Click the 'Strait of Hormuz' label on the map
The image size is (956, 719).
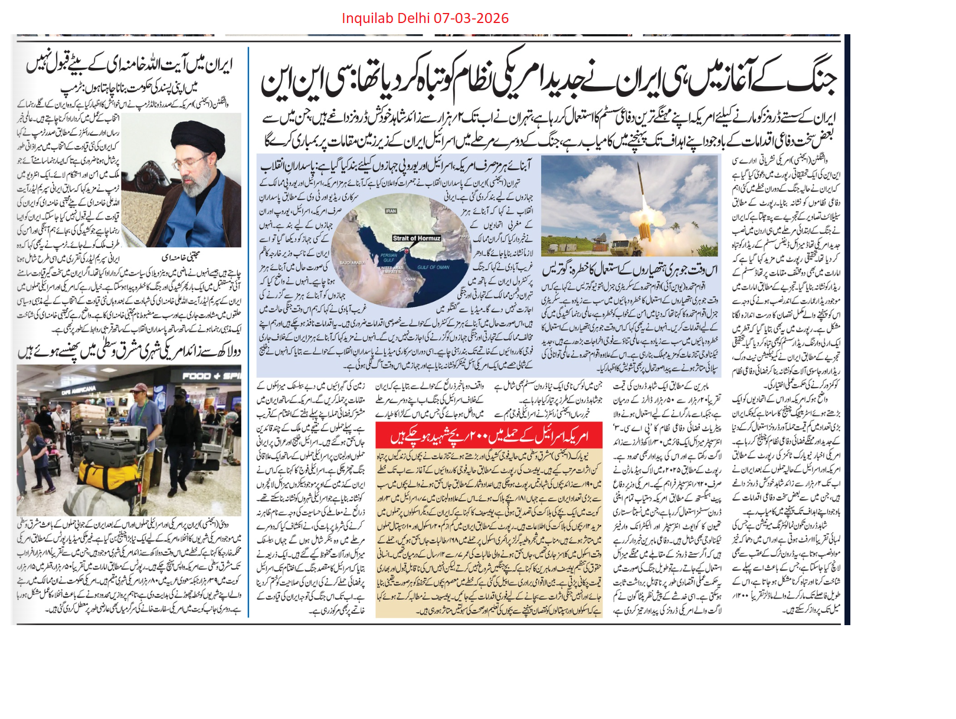pyautogui.click(x=417, y=238)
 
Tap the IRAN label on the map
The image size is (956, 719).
pyautogui.click(x=391, y=211)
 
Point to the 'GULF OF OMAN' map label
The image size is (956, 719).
pyautogui.click(x=433, y=267)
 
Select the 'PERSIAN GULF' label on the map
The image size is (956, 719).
pyautogui.click(x=389, y=257)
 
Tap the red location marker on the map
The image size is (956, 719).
pyautogui.click(x=407, y=251)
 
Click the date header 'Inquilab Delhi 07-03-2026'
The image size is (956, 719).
pyautogui.click(x=425, y=18)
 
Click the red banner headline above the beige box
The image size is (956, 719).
pyautogui.click(x=489, y=436)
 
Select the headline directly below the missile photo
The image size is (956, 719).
pyautogui.click(x=630, y=270)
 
